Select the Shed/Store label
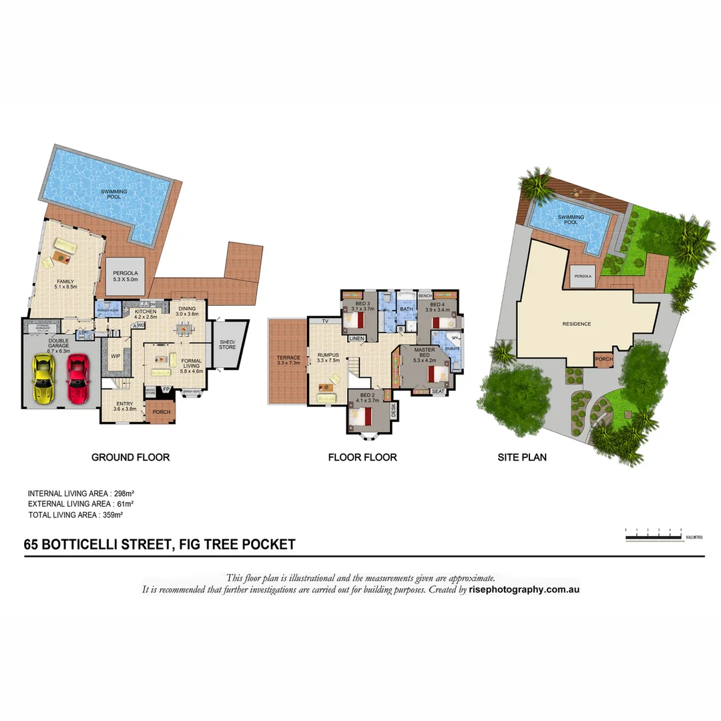(228, 344)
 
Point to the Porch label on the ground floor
(162, 412)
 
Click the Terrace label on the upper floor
(288, 361)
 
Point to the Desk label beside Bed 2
(394, 410)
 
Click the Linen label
(356, 338)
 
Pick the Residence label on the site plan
(576, 324)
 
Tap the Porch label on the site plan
(604, 359)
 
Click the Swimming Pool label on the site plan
(571, 220)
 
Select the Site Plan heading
(522, 457)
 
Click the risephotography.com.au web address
(524, 589)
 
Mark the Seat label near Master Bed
(438, 391)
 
